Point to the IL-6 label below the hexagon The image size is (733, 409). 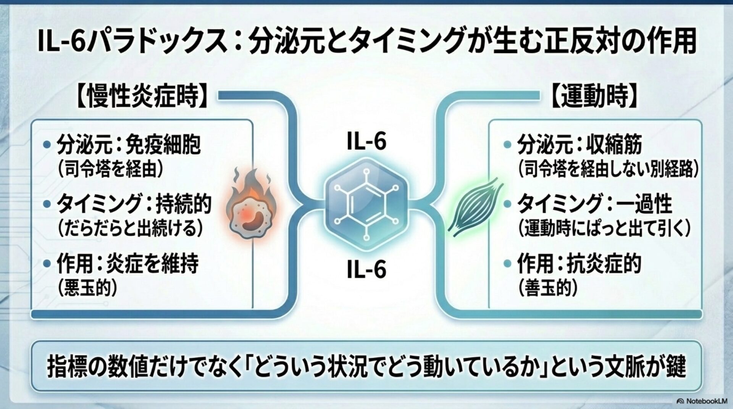pos(366,269)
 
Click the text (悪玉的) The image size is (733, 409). pos(87,288)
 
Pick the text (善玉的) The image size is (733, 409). pos(548,288)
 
